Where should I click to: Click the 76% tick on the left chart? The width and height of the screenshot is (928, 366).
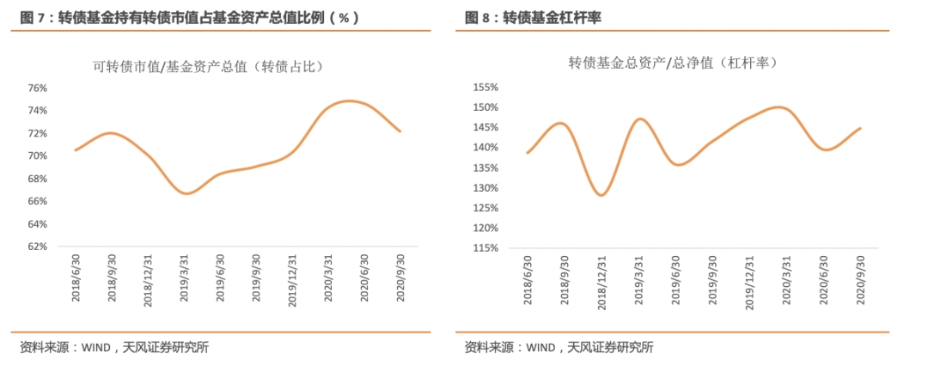point(37,88)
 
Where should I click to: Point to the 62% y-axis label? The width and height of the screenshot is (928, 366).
point(37,247)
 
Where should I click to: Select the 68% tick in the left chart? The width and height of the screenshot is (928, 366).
point(37,179)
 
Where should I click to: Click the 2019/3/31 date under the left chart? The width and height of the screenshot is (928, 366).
point(184,276)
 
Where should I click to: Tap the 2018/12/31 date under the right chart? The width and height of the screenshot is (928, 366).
point(602,281)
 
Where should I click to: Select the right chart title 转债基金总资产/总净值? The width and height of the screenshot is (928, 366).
point(673,63)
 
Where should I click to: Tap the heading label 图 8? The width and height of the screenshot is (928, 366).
point(477,17)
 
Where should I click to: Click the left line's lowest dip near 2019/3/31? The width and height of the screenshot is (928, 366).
point(186,193)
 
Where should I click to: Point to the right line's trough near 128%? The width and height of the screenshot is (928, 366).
point(601,195)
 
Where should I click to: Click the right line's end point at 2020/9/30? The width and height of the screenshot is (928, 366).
point(861,128)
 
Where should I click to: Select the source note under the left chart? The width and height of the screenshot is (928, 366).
point(113,347)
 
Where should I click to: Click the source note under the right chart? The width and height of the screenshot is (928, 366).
point(559,347)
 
